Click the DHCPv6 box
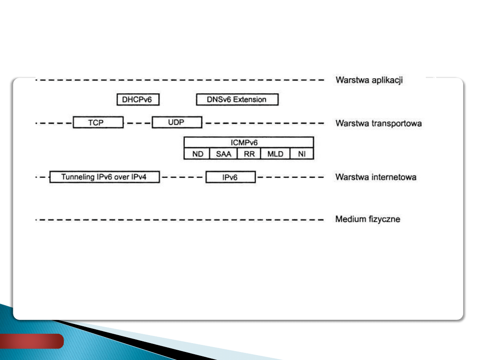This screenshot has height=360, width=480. [137, 100]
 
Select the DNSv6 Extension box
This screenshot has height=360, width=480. [237, 100]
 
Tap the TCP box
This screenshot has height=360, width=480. [98, 123]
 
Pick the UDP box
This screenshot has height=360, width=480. [176, 122]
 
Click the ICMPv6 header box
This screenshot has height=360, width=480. [248, 143]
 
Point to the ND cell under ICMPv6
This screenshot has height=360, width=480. [197, 154]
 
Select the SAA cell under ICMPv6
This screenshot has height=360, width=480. [224, 154]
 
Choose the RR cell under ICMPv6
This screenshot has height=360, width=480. [249, 154]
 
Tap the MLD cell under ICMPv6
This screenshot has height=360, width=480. [275, 154]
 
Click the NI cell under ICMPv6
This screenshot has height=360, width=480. [301, 154]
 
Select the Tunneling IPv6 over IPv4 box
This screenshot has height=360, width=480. [104, 177]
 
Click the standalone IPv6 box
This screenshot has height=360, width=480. [230, 177]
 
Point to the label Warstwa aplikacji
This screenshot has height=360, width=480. [369, 80]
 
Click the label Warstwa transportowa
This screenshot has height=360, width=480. [378, 123]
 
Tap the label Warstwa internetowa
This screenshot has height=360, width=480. [376, 177]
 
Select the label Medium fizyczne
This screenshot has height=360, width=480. [368, 219]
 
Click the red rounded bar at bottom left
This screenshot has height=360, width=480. [32, 341]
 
